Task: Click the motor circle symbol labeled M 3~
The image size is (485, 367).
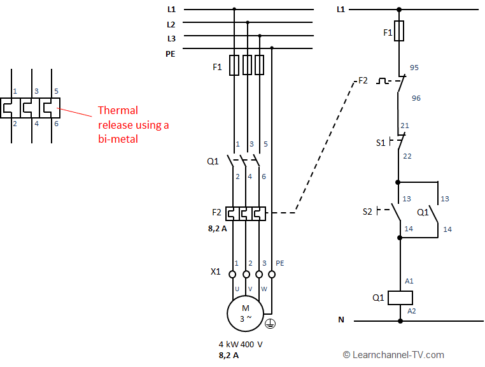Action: tap(245, 313)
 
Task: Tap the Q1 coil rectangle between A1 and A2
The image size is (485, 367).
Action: tap(400, 297)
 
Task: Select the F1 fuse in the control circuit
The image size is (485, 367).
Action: tap(399, 31)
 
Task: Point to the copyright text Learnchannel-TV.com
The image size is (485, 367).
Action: tap(393, 355)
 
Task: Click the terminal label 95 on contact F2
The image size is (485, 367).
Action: tap(414, 68)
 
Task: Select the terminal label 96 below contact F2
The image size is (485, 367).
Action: tap(416, 98)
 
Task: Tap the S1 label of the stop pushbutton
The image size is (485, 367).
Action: tap(381, 143)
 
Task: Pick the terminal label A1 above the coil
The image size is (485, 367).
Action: tap(409, 280)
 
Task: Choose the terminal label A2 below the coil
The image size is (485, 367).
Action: tap(411, 311)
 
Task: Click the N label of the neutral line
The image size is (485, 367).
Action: tap(341, 320)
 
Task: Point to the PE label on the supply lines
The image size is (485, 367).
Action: tap(171, 54)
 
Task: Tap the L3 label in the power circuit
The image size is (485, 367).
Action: tap(171, 38)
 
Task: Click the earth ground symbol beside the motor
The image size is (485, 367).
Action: tap(270, 324)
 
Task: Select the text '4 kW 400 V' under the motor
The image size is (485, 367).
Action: tap(241, 343)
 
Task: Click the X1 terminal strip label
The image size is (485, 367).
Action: tap(215, 271)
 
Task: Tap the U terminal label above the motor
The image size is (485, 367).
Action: tap(237, 289)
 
